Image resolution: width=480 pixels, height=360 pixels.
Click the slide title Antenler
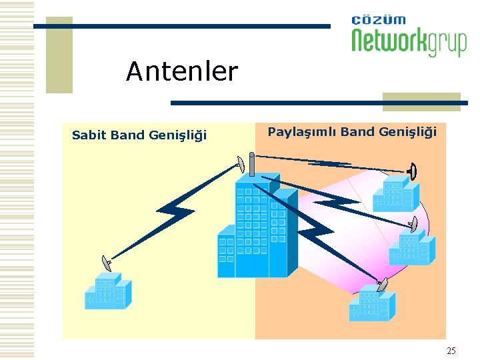tap(181, 71)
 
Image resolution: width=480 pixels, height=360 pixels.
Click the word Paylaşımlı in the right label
tap(301, 132)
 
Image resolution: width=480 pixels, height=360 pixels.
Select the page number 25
tap(451, 351)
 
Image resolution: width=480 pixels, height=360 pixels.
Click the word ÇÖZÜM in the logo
tap(378, 20)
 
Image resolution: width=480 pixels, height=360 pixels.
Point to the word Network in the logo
tap(389, 41)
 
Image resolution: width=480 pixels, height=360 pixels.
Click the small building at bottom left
tap(105, 292)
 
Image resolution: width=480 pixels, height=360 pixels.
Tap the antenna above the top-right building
tap(413, 172)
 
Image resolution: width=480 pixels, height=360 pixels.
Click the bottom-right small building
tap(371, 305)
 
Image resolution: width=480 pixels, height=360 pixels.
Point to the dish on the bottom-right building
tap(382, 285)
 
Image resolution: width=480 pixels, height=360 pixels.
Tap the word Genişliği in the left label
tap(177, 136)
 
